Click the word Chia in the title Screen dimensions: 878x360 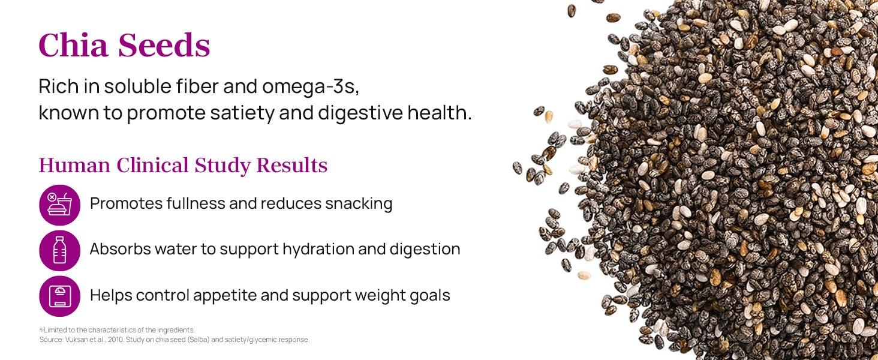click(x=73, y=45)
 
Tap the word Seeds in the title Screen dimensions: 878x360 click(x=164, y=45)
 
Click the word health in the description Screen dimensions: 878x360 click(x=440, y=113)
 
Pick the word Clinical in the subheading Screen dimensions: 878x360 click(x=153, y=165)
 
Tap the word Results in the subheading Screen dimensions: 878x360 click(x=292, y=165)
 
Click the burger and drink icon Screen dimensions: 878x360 click(x=59, y=205)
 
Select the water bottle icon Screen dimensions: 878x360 click(x=59, y=251)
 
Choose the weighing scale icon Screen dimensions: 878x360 click(x=59, y=296)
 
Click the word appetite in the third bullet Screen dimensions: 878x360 click(x=224, y=296)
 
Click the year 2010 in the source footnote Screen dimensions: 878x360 click(x=116, y=340)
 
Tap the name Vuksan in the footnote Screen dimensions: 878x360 click(x=74, y=340)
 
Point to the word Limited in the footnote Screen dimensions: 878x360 click(x=56, y=330)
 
